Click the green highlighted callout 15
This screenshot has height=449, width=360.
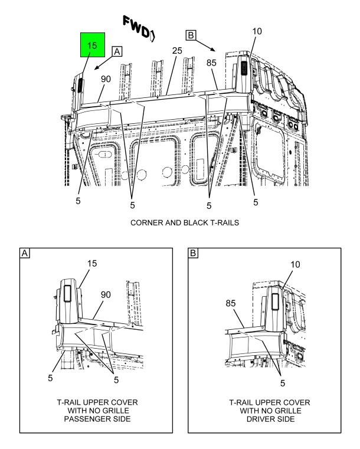(92, 45)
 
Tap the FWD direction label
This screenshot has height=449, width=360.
(139, 28)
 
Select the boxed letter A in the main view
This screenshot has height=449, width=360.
(117, 51)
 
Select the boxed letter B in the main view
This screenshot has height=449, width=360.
(191, 35)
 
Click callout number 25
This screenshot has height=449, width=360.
(177, 51)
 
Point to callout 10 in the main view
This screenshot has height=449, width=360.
(257, 31)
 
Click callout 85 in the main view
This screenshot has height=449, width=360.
(211, 63)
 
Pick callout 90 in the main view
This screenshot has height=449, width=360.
(106, 79)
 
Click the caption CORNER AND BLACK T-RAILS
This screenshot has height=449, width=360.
(185, 222)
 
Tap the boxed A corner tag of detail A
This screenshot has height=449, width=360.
(25, 253)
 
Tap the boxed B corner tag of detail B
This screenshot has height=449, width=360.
(193, 253)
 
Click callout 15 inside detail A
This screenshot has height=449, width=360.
(92, 264)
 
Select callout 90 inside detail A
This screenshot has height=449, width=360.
(106, 294)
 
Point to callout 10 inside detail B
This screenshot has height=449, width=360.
(295, 264)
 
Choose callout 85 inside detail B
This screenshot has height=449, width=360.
(231, 303)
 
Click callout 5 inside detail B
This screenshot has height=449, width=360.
(283, 383)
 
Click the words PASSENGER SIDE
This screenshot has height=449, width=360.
(97, 419)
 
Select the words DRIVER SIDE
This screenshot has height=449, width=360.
(271, 419)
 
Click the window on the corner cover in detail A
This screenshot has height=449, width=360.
(68, 293)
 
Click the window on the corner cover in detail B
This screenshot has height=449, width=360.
(275, 302)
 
